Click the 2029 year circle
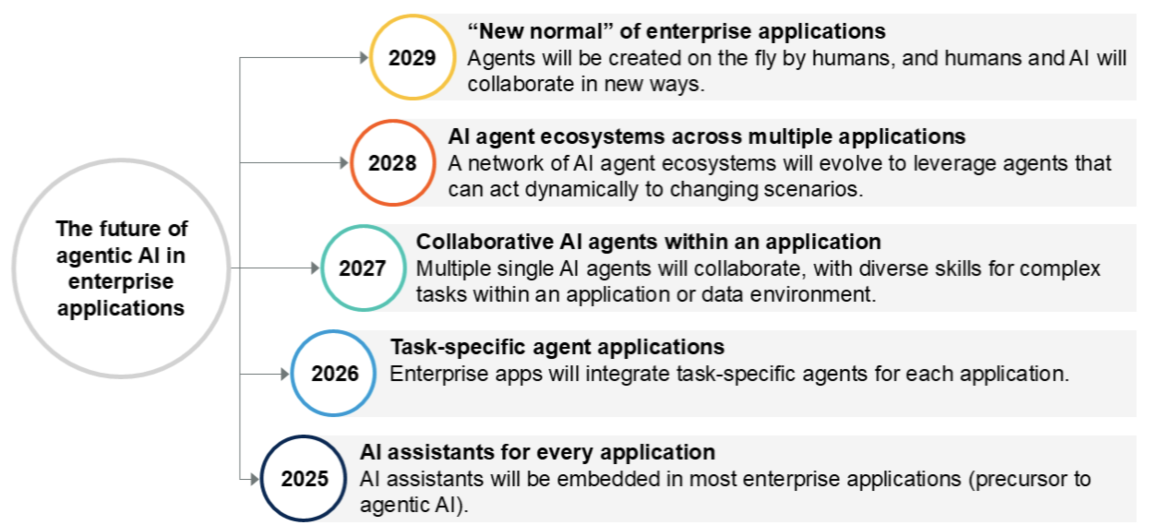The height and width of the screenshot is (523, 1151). point(412,17)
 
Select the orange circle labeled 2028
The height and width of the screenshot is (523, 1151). point(393,122)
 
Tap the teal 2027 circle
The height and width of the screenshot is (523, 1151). point(363,227)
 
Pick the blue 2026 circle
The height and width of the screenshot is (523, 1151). point(334,333)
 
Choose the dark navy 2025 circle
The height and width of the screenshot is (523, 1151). point(304,438)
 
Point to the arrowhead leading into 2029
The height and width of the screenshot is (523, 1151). point(364,58)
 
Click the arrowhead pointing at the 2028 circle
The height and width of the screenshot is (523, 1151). point(344,163)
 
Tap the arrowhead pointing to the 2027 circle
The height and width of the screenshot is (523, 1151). point(315,268)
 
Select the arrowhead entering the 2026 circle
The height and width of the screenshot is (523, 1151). point(285,373)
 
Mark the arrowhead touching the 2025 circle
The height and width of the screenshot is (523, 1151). point(255,478)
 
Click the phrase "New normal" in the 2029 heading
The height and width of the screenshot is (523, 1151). point(540,32)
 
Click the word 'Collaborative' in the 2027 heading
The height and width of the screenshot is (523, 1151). point(485,241)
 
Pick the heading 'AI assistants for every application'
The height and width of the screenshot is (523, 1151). point(538,452)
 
